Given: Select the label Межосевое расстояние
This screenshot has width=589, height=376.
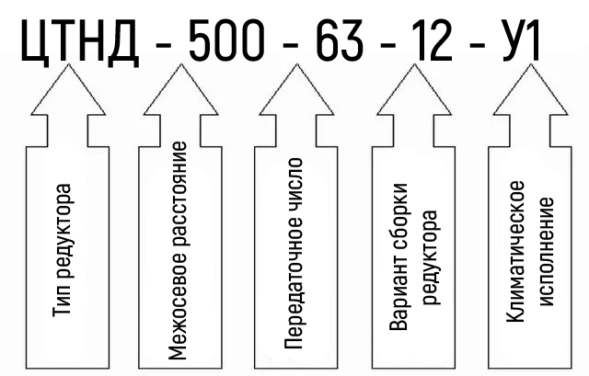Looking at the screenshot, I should point(180,249).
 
